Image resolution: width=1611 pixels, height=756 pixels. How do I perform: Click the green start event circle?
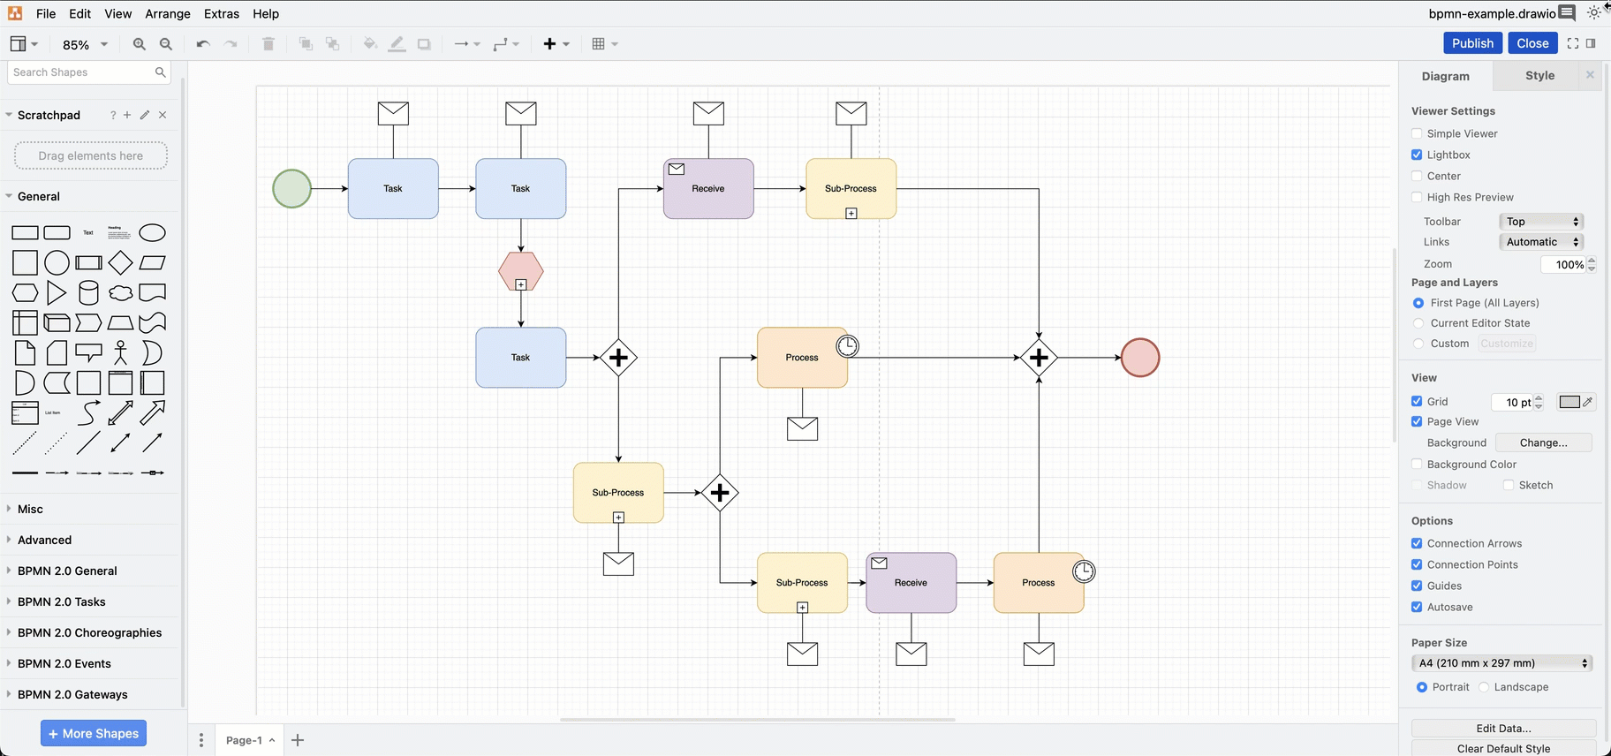coord(291,188)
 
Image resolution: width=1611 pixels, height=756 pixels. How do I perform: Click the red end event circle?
coord(1140,358)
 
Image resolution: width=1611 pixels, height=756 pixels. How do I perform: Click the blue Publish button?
coord(1472,43)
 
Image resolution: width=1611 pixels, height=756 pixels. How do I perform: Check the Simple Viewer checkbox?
coord(1417,133)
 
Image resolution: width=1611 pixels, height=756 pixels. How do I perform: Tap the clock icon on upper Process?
coord(847,345)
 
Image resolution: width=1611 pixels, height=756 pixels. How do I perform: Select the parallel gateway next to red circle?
coord(1039,358)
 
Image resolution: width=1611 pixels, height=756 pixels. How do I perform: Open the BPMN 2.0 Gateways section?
coord(72,694)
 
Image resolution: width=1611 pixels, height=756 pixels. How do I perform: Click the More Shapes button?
coord(94,733)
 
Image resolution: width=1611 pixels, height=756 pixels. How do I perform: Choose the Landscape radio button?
coord(1485,687)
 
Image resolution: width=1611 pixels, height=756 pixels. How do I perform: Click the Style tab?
coord(1539,76)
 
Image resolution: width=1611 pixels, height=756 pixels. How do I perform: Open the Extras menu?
coord(222,14)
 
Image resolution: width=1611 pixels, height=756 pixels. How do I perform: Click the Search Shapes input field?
coord(81,72)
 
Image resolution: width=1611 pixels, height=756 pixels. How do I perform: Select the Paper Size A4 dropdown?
coord(1501,663)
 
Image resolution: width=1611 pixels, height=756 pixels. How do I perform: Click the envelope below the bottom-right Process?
coord(1039,654)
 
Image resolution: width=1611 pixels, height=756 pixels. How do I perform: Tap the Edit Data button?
coord(1503,729)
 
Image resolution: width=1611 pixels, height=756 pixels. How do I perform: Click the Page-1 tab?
coord(244,740)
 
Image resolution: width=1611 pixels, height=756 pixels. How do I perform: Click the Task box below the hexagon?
coord(521,358)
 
